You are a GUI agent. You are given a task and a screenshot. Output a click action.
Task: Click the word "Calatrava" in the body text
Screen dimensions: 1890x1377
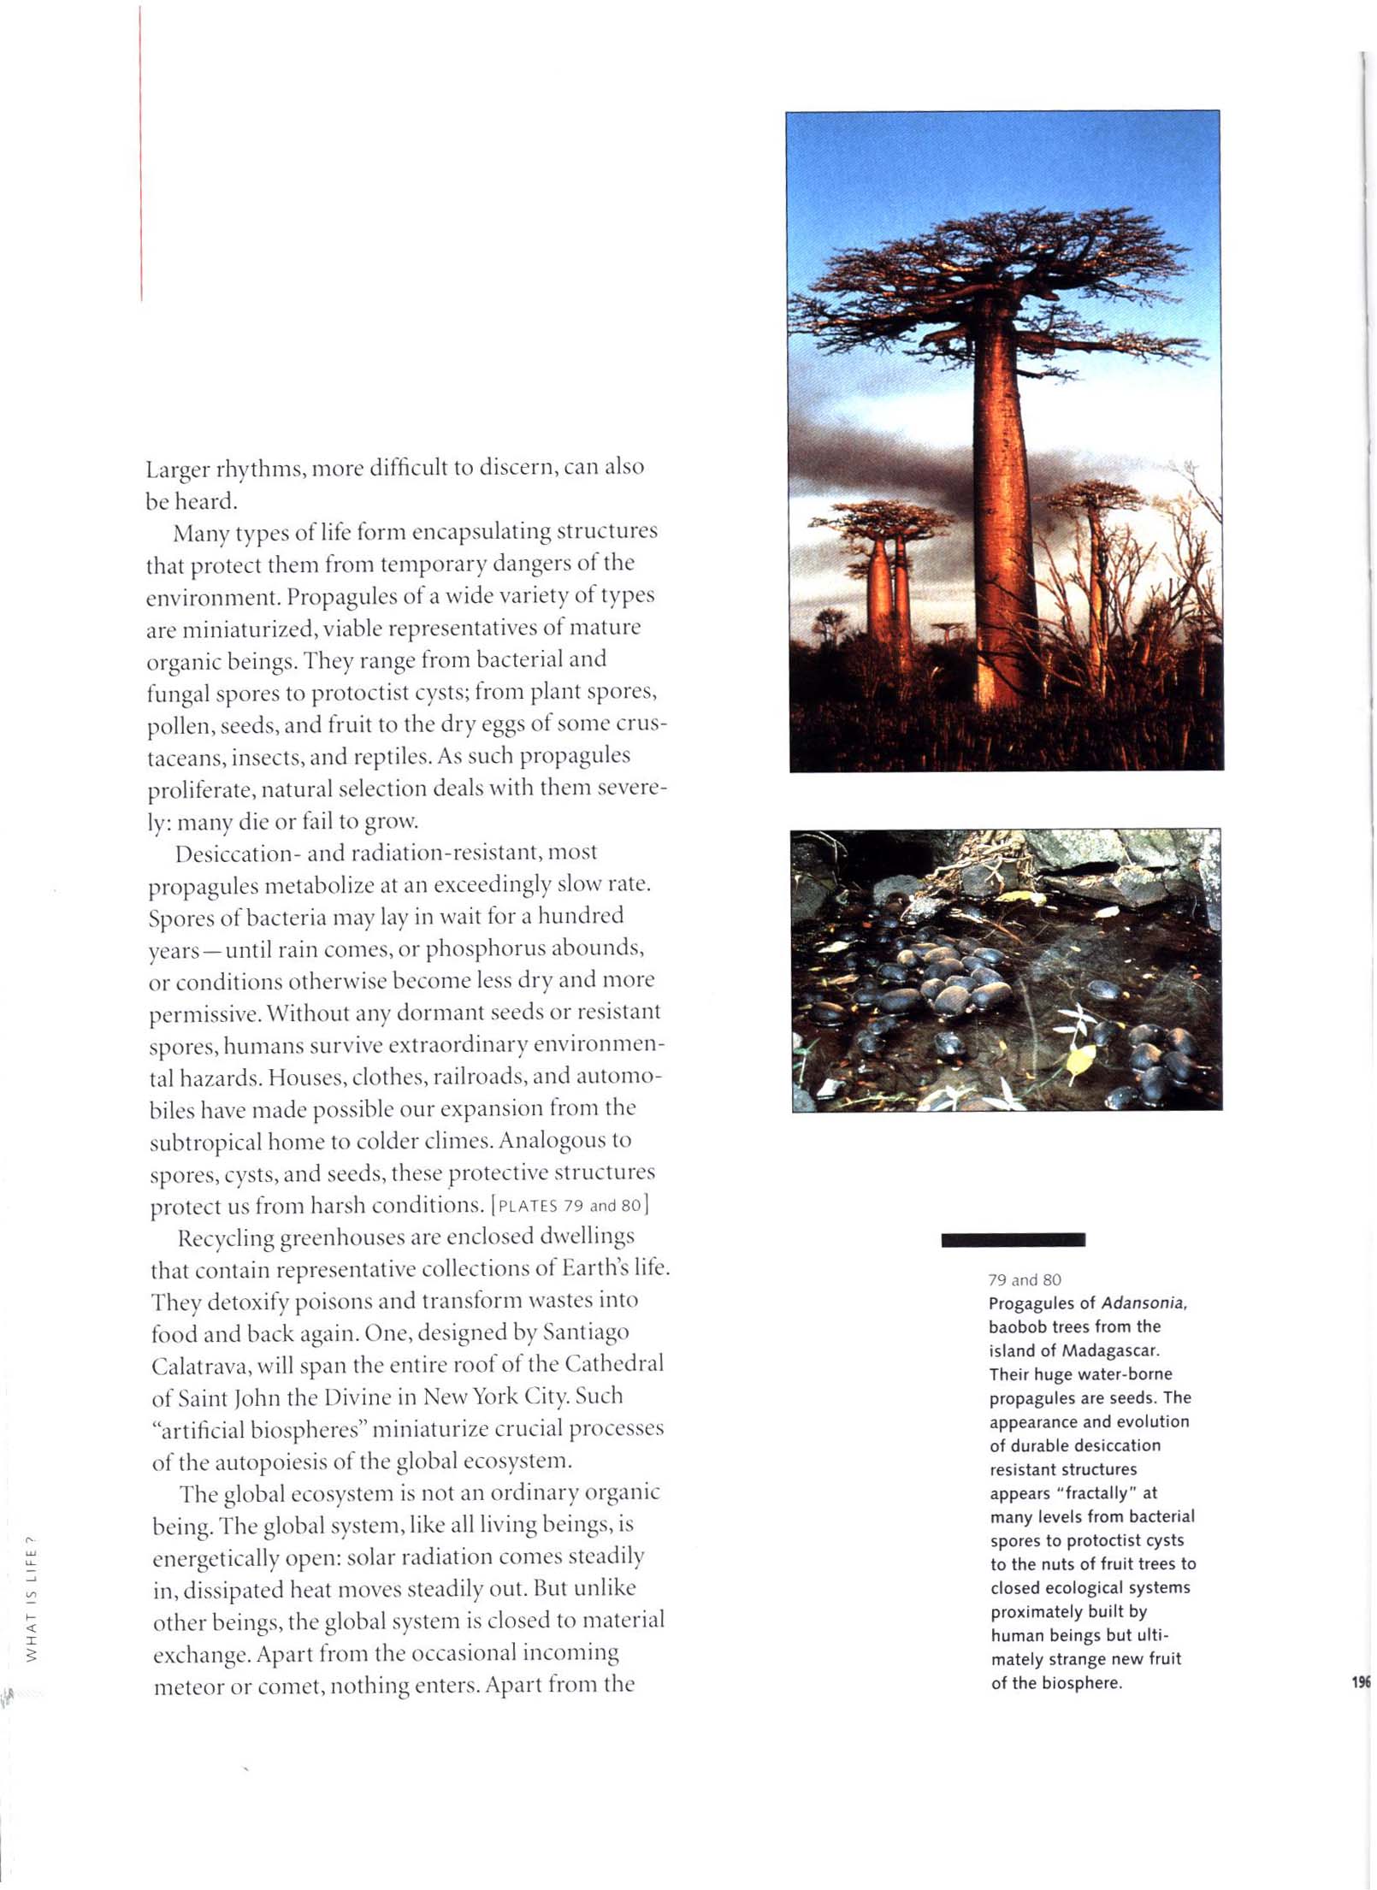(x=200, y=1366)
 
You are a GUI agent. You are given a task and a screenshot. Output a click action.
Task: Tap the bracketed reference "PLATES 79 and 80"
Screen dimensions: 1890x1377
(x=569, y=1206)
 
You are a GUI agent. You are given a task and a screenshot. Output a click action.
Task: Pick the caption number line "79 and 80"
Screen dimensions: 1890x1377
(x=1024, y=1279)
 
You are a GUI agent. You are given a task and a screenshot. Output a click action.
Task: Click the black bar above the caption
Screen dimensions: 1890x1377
(x=1013, y=1239)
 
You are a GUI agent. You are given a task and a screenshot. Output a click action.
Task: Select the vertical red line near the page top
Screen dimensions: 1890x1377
(x=140, y=154)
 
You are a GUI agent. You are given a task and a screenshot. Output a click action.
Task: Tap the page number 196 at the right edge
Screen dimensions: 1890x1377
(x=1362, y=1682)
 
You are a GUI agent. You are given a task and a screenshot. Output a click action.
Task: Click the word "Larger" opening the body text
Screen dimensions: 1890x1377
(x=176, y=470)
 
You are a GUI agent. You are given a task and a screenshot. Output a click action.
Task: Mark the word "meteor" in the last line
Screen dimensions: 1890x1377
(x=182, y=1687)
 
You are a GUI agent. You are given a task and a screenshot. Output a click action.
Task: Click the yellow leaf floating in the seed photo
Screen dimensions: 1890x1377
(x=1080, y=1060)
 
